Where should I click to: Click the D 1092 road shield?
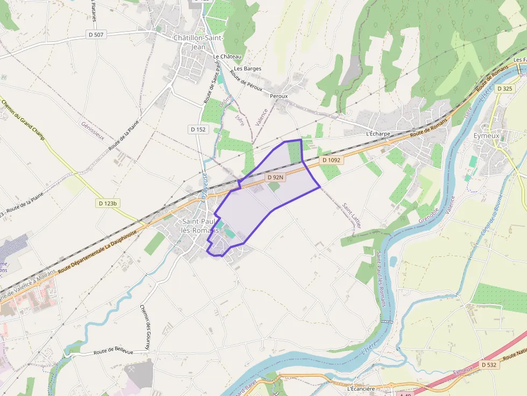[x=331, y=160]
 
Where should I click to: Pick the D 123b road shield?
[x=108, y=203]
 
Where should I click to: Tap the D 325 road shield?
[x=505, y=89]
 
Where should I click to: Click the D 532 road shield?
[x=488, y=365]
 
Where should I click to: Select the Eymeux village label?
[x=486, y=136]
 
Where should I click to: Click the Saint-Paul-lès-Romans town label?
[x=200, y=226]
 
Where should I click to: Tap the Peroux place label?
[x=279, y=96]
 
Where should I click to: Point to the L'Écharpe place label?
[x=378, y=134]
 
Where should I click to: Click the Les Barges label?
[x=247, y=69]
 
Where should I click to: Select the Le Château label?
[x=227, y=56]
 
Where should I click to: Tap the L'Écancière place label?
[x=361, y=388]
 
